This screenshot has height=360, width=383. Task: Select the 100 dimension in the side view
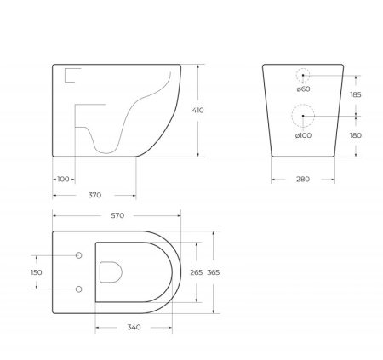pos(64,179)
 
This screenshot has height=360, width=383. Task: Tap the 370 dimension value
pos(94,195)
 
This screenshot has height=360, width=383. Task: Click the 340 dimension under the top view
pos(133,327)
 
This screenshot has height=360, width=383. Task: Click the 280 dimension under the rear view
pos(303,179)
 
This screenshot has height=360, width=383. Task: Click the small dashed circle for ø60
pos(303,75)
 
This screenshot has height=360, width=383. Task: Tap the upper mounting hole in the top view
pos(78,255)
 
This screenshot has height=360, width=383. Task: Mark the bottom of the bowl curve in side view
pos(105,151)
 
